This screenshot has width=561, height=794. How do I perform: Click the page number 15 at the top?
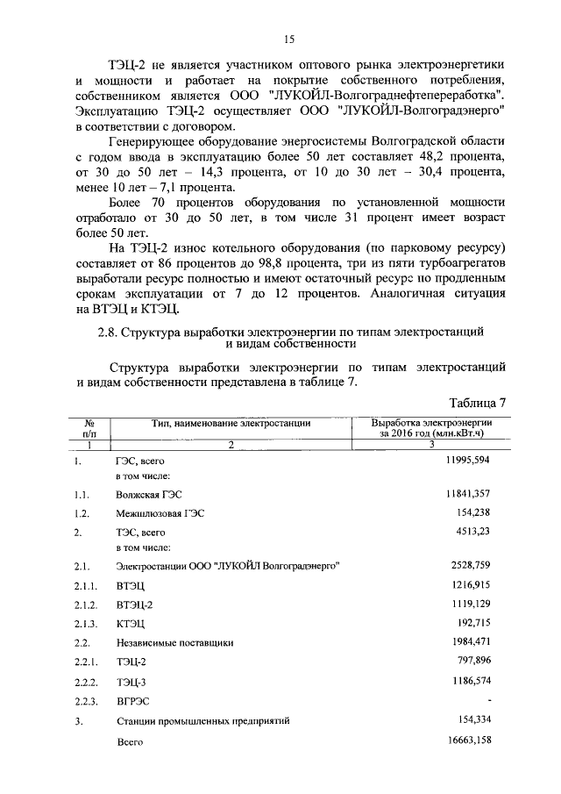point(289,38)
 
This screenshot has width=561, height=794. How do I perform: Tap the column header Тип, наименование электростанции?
point(231,423)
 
